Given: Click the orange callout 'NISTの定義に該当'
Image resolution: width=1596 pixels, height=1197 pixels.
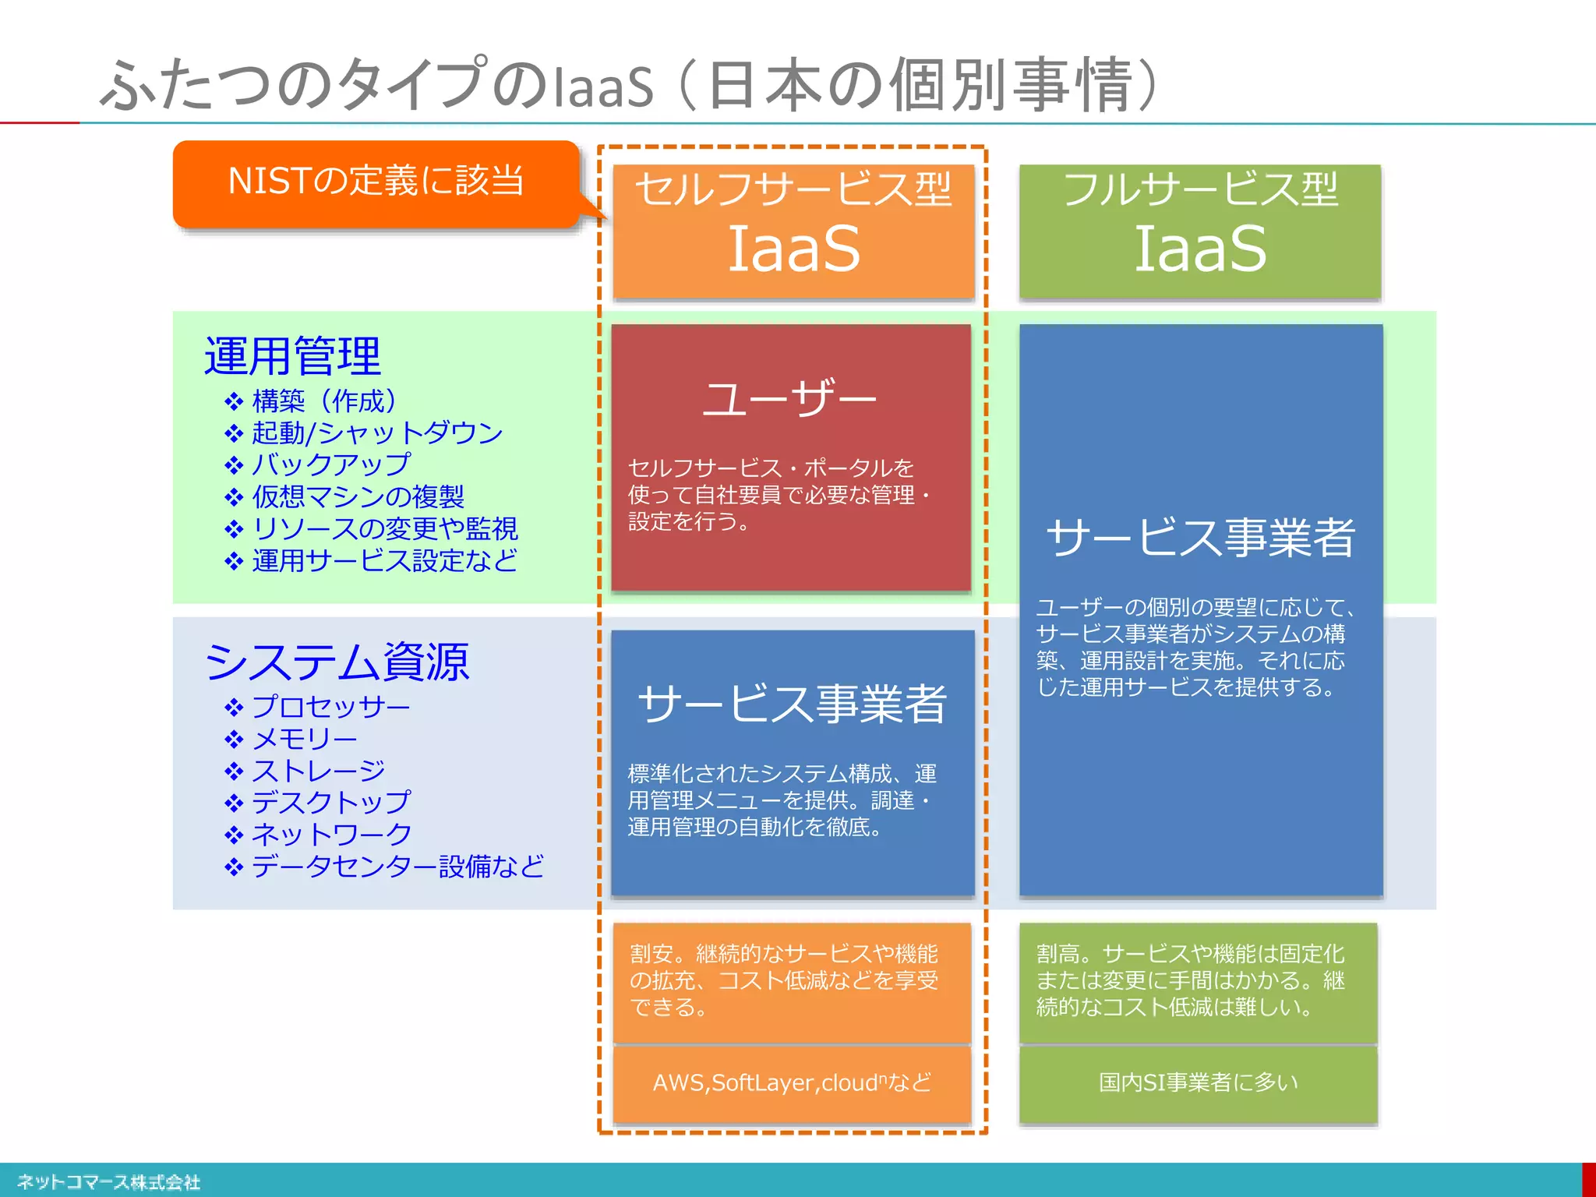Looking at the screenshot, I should [x=376, y=182].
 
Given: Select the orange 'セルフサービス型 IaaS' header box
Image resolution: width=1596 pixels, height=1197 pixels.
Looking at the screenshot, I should [x=793, y=230].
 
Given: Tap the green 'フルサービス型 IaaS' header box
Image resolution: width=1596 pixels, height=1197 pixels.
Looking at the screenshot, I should [x=1200, y=230].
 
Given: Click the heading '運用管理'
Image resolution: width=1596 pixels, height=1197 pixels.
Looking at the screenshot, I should [x=292, y=356].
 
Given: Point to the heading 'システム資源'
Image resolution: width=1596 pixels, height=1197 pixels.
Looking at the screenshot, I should [x=337, y=662].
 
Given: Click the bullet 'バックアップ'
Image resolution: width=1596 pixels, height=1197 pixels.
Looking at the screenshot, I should [x=330, y=464].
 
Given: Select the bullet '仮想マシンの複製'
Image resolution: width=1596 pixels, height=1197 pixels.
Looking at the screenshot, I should [x=358, y=496].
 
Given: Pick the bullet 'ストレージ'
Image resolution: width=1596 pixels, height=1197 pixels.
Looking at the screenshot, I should [x=318, y=771].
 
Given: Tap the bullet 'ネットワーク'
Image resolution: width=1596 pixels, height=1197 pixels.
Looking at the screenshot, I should [x=331, y=835].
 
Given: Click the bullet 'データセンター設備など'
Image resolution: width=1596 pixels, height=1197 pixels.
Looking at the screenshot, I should [x=397, y=867].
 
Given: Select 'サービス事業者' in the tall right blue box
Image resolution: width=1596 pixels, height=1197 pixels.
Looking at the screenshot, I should [x=1200, y=538].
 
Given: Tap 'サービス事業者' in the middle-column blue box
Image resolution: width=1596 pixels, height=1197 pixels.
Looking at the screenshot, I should [x=792, y=704].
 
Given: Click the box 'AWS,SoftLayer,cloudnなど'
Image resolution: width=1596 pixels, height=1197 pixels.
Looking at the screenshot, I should [x=792, y=1082].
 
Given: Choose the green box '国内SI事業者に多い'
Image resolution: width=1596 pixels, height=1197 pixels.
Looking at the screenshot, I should [x=1199, y=1082].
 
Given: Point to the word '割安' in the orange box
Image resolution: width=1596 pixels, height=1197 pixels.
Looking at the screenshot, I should [x=651, y=954].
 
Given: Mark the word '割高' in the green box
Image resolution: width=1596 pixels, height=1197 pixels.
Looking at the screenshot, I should [x=1058, y=954].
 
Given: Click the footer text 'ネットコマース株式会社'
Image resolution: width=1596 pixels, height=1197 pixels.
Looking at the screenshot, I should [x=109, y=1182].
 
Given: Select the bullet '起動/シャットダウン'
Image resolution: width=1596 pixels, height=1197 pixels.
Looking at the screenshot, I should [x=377, y=433].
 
